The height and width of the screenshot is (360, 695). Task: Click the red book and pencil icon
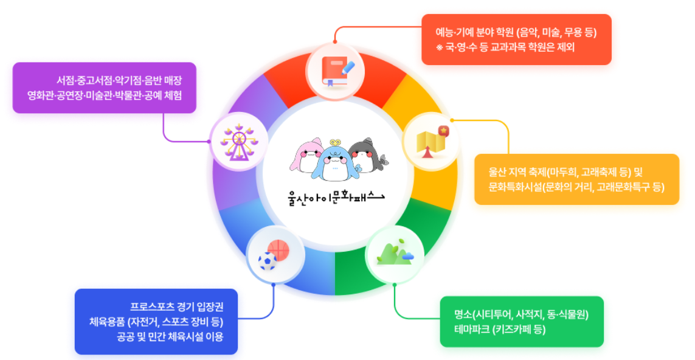[334, 72]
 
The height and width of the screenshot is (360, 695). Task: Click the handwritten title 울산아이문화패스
[336, 197]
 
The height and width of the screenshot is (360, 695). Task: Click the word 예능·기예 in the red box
[452, 33]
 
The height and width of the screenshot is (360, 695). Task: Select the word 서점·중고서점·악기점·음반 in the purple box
[108, 81]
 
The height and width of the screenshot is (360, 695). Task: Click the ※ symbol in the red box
[438, 47]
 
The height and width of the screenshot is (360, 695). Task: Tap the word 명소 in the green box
[463, 315]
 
